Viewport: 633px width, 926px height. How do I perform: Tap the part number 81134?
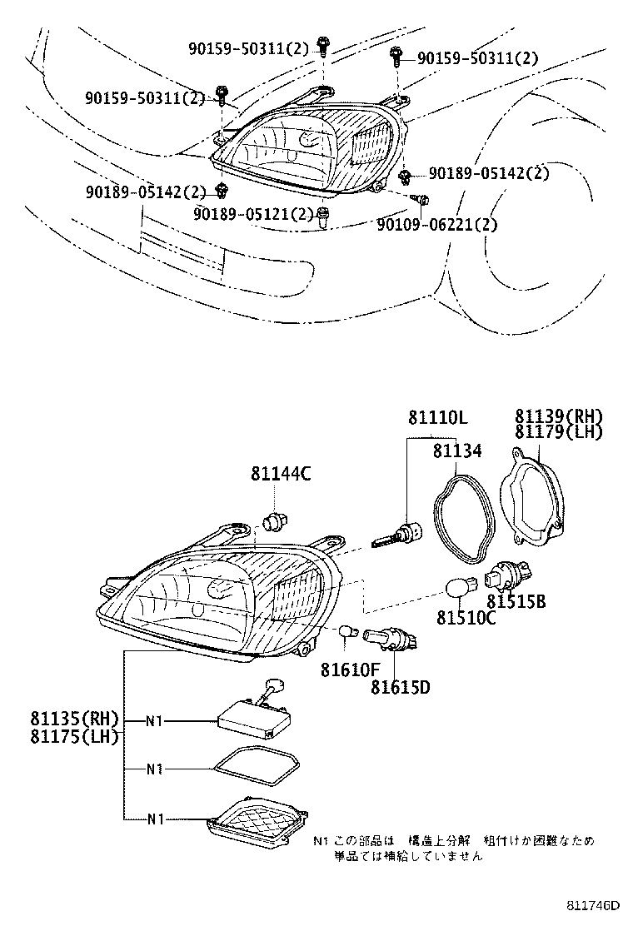456,451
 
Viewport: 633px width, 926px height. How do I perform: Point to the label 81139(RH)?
557,416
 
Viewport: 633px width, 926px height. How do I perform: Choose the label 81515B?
516,601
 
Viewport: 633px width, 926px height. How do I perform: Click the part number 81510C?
466,618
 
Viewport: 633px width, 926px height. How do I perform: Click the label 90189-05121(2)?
253,214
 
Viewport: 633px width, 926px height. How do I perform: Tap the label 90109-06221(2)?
436,224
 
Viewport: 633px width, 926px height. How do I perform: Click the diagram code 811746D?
595,905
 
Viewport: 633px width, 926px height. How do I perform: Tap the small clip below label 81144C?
274,522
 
